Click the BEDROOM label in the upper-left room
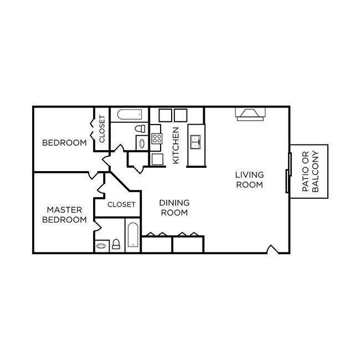pyautogui.click(x=64, y=143)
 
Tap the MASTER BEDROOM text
pyautogui.click(x=64, y=215)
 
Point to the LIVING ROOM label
pyautogui.click(x=249, y=179)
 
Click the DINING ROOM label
pyautogui.click(x=174, y=208)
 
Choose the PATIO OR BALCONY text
pyautogui.click(x=310, y=172)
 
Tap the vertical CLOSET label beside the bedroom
pyautogui.click(x=101, y=129)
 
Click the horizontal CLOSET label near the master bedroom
pyautogui.click(x=121, y=204)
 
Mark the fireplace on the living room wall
pyautogui.click(x=251, y=114)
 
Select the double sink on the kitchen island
pyautogui.click(x=196, y=142)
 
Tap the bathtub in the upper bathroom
pyautogui.click(x=129, y=115)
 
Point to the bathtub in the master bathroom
pyautogui.click(x=133, y=236)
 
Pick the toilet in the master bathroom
pyautogui.click(x=116, y=244)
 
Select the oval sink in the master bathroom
pyautogui.click(x=102, y=245)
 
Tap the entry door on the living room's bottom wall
pyautogui.click(x=272, y=250)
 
